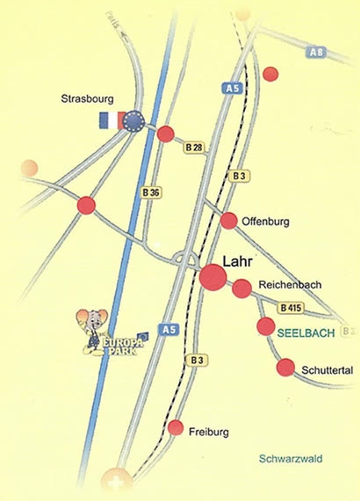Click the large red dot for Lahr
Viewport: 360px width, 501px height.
point(213,278)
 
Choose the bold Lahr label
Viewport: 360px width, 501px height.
point(237,261)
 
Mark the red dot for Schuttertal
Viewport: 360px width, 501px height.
point(285,368)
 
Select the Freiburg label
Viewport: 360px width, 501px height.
point(209,432)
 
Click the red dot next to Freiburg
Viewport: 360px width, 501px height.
point(176,428)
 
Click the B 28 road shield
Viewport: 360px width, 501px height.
point(193,148)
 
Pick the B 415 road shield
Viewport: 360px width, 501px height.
point(292,308)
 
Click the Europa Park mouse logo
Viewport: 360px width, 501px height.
point(102,334)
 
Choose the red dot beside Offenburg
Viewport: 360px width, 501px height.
point(229,220)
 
